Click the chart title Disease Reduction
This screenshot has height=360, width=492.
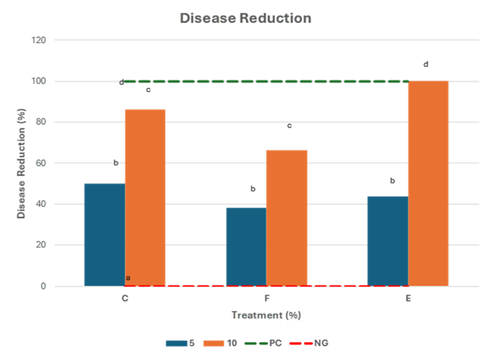pos(245,18)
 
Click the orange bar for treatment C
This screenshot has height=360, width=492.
pos(145,197)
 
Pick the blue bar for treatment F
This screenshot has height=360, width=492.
pos(245,246)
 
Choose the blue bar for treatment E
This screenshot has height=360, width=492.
pos(387,240)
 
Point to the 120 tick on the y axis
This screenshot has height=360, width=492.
pos(39,40)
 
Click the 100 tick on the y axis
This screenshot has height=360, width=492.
pos(39,81)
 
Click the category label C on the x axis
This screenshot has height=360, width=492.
pos(125,299)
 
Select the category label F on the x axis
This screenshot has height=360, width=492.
pos(267,299)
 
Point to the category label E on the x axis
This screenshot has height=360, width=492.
pos(409,299)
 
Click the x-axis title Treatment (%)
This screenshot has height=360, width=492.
pos(267,315)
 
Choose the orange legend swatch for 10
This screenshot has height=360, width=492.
pos(214,343)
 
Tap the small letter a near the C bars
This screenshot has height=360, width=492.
pos(128,278)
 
